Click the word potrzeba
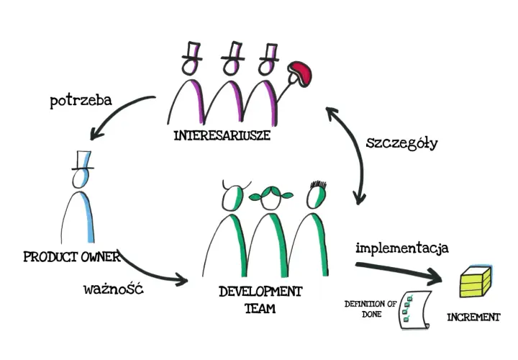click(x=81, y=101)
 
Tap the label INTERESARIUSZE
click(x=222, y=135)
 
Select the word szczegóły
click(x=401, y=143)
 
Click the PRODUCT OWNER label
click(x=72, y=257)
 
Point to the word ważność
click(x=114, y=289)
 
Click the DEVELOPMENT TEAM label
click(x=260, y=300)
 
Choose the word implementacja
click(x=402, y=248)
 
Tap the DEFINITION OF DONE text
click(x=371, y=309)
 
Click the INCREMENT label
click(x=473, y=318)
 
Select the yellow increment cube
click(x=476, y=282)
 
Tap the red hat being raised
click(x=299, y=73)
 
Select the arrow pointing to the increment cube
click(x=399, y=272)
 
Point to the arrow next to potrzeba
click(x=116, y=112)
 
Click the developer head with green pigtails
click(x=271, y=197)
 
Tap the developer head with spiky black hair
click(x=317, y=195)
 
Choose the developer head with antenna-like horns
click(x=234, y=196)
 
